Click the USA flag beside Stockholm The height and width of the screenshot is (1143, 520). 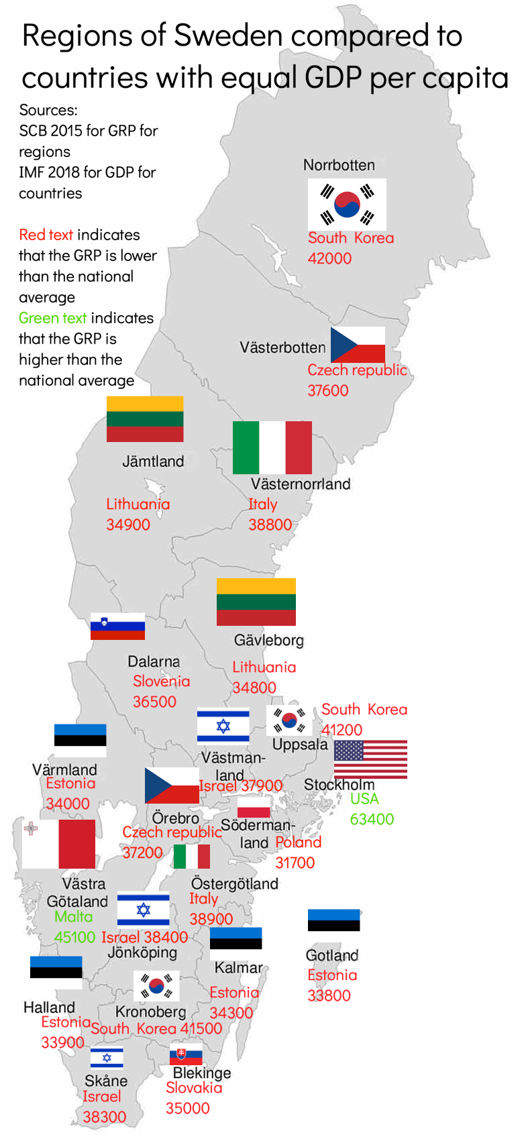pos(370,759)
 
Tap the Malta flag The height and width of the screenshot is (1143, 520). pos(58,844)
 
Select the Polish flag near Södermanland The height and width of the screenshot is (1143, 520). pos(254,807)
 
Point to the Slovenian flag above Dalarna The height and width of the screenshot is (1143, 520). pos(117,626)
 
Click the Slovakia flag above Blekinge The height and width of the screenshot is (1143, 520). pos(186,1054)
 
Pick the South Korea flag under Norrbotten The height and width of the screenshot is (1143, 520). pos(347,205)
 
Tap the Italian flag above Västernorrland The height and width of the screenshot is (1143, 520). pos(272,447)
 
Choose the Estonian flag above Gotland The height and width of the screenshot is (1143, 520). pos(333,920)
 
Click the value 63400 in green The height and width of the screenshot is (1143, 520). pos(372,819)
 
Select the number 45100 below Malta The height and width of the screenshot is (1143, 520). pos(74,937)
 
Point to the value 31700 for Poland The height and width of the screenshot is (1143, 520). pos(295,863)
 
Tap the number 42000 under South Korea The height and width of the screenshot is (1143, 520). pos(329,258)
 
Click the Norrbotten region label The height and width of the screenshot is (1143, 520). pos(339,165)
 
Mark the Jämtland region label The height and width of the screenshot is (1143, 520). pos(153,461)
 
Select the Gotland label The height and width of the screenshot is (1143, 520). pos(331,955)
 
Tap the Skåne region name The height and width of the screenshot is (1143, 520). pos(106,1081)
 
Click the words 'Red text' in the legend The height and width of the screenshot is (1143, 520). pos(46,235)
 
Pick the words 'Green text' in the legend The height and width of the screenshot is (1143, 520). pos(52,318)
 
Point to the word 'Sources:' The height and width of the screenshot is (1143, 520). pos(48,110)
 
